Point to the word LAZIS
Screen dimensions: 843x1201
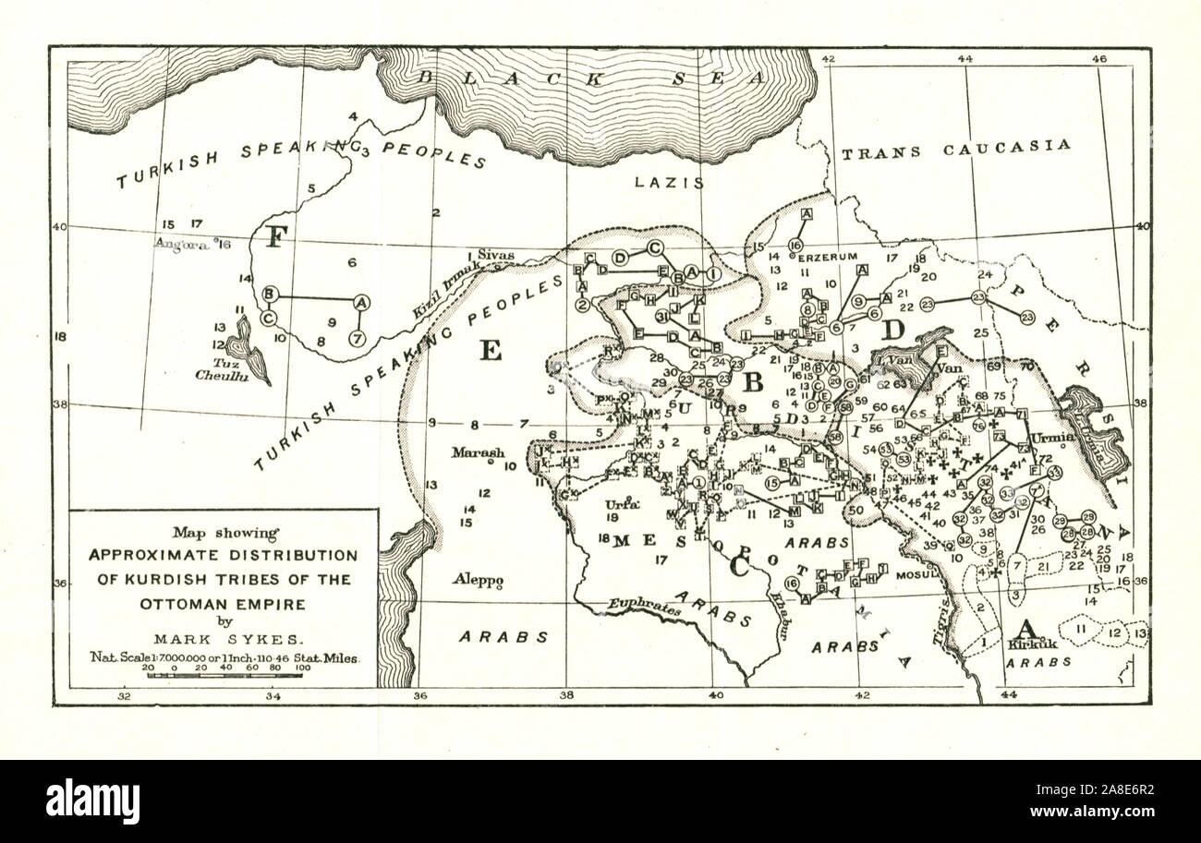click(669, 183)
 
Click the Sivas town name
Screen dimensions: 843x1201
click(495, 254)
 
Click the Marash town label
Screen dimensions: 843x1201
click(478, 452)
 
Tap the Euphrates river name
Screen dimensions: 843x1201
click(643, 607)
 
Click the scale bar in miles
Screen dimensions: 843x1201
click(224, 676)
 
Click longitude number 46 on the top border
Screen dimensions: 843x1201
click(1099, 59)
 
